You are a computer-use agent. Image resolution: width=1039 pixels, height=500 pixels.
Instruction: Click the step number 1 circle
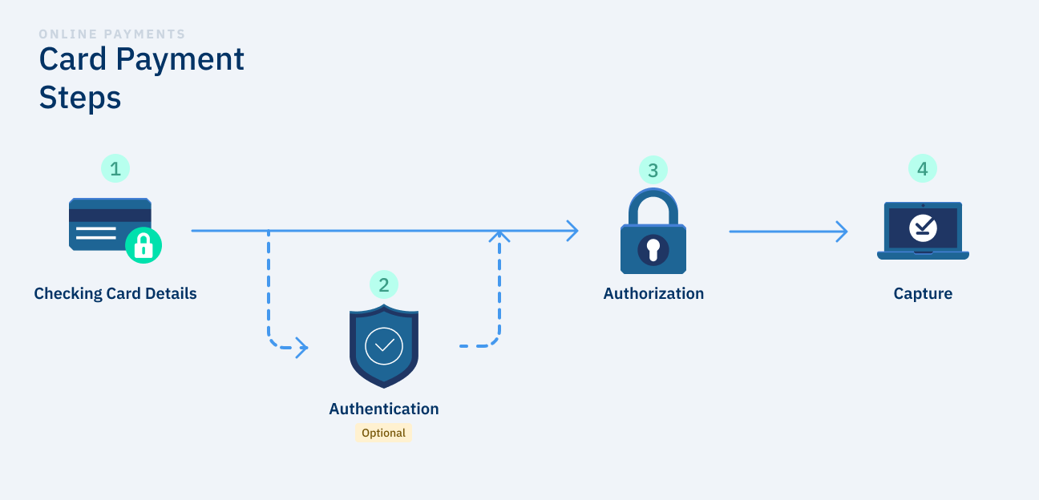coord(115,169)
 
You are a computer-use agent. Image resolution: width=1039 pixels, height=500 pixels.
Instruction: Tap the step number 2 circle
coord(384,284)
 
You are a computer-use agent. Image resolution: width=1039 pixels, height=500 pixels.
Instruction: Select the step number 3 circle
coord(653,170)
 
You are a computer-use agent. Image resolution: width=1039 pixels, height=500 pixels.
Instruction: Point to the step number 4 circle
coord(923,169)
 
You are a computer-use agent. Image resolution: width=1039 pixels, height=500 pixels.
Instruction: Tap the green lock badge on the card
coord(144,244)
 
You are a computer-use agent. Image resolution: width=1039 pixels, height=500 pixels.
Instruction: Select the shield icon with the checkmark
coord(384,345)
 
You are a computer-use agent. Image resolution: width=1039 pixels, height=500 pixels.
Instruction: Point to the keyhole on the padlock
coord(653,249)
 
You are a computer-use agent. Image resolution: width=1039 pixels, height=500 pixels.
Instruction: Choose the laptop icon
coord(923,231)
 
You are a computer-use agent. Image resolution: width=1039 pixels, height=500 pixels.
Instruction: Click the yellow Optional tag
coord(384,433)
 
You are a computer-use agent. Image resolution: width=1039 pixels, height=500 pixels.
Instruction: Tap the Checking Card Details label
coord(115,293)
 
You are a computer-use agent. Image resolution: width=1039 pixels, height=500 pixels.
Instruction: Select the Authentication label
coord(384,409)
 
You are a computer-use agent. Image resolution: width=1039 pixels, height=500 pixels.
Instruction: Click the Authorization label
coord(653,293)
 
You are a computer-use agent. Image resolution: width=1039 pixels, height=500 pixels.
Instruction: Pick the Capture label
coord(923,293)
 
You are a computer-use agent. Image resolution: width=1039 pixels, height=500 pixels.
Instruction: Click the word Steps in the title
coord(80,98)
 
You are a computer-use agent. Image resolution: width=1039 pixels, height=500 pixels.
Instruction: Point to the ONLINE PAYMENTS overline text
coord(112,34)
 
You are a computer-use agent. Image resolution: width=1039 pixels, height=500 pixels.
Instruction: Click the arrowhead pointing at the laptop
coord(842,232)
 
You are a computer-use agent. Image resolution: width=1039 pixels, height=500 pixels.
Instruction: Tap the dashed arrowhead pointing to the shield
coord(302,347)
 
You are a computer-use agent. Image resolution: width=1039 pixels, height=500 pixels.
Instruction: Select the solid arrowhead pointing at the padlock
coord(572,231)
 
